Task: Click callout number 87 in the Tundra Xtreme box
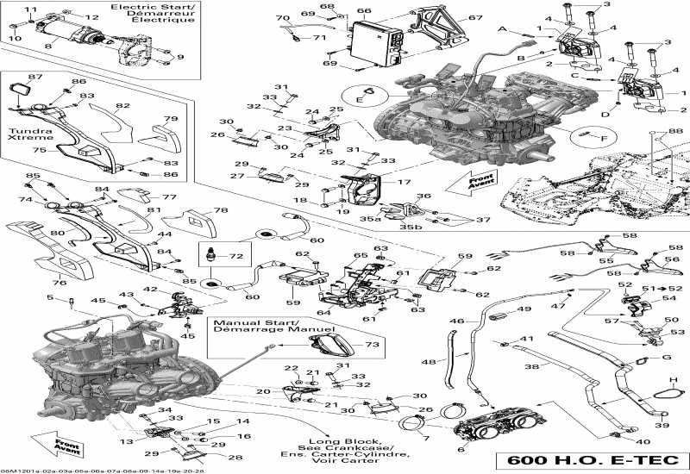34,78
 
